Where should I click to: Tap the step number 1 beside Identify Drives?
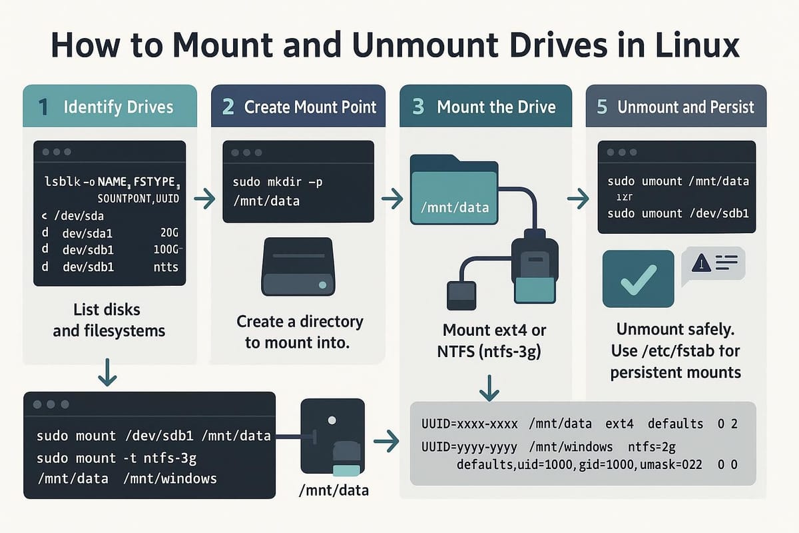pyautogui.click(x=43, y=107)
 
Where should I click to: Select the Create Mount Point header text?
pyautogui.click(x=310, y=107)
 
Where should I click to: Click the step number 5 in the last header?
pyautogui.click(x=602, y=107)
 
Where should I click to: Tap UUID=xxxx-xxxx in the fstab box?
pyautogui.click(x=470, y=424)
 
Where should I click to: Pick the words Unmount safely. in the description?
pyautogui.click(x=675, y=329)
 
